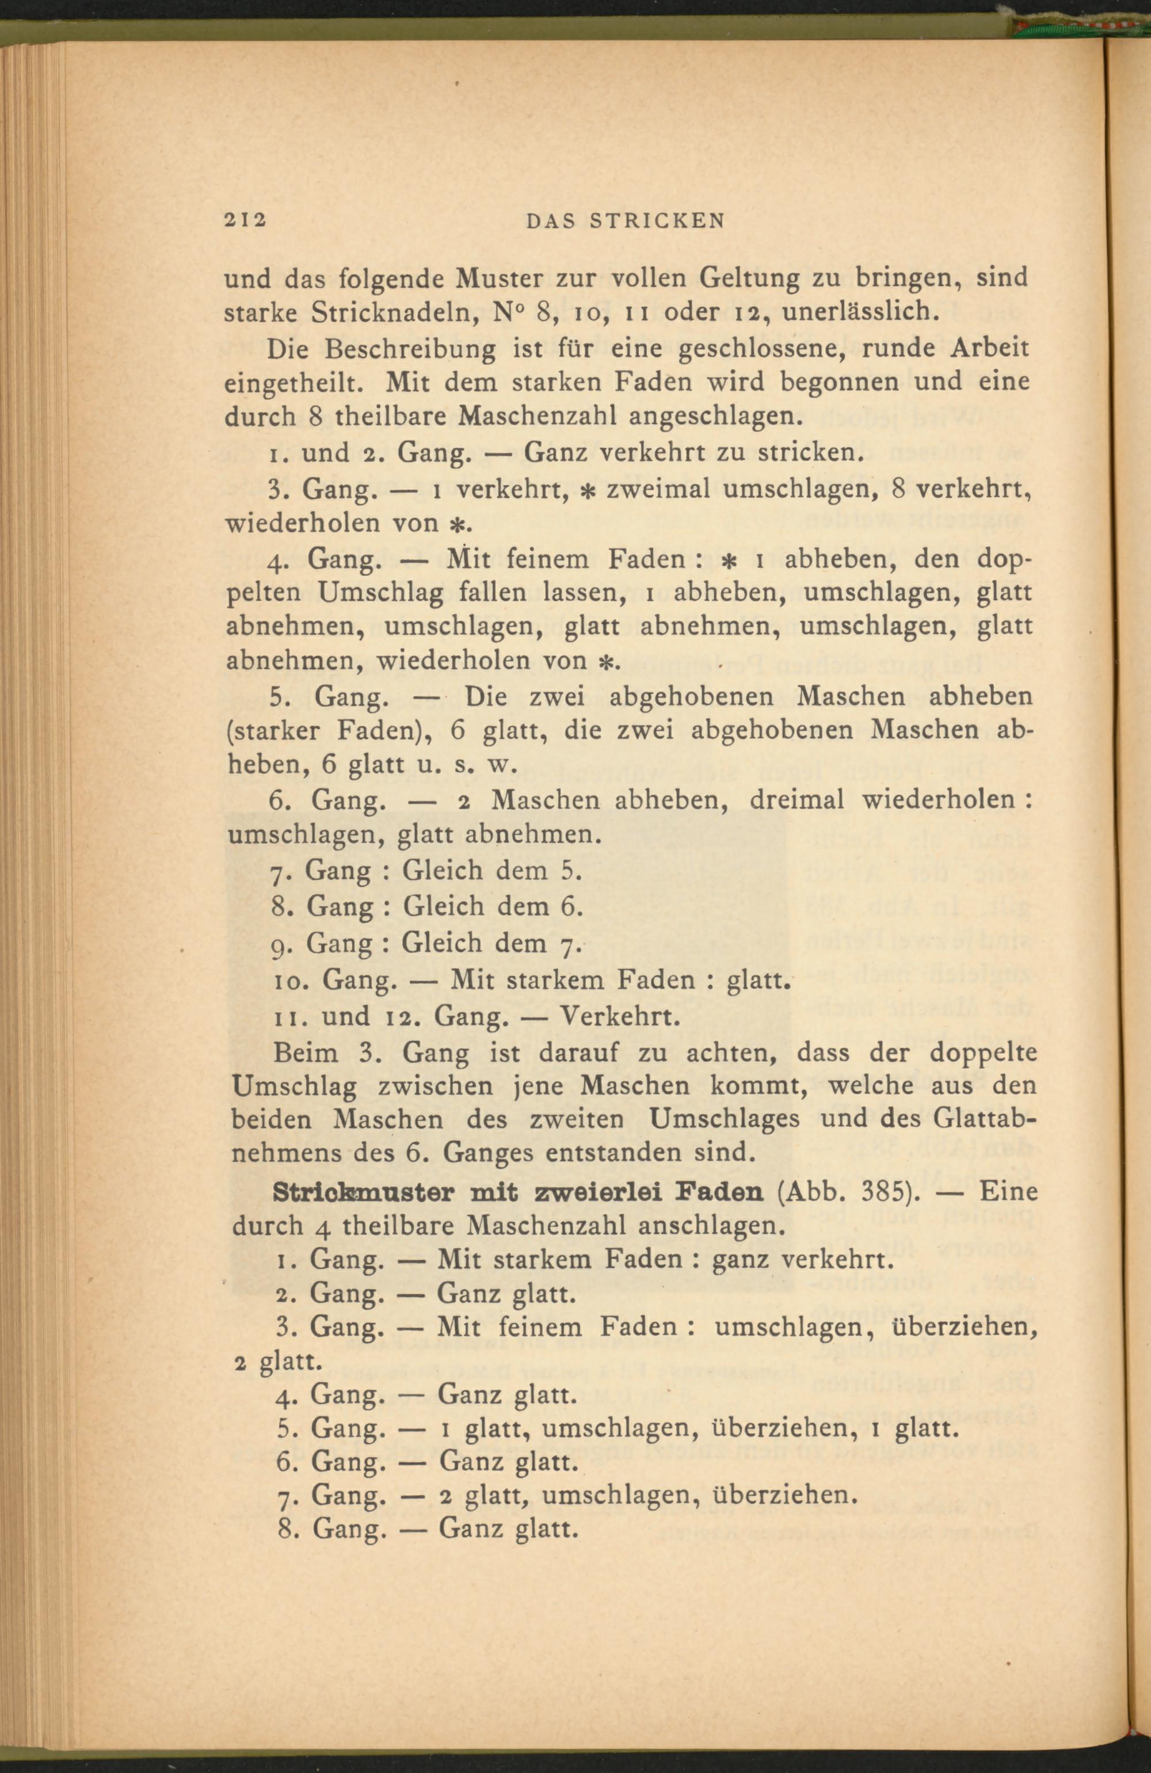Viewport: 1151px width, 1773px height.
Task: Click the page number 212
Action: [x=245, y=220]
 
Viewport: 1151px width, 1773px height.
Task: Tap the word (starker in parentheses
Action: [x=274, y=731]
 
